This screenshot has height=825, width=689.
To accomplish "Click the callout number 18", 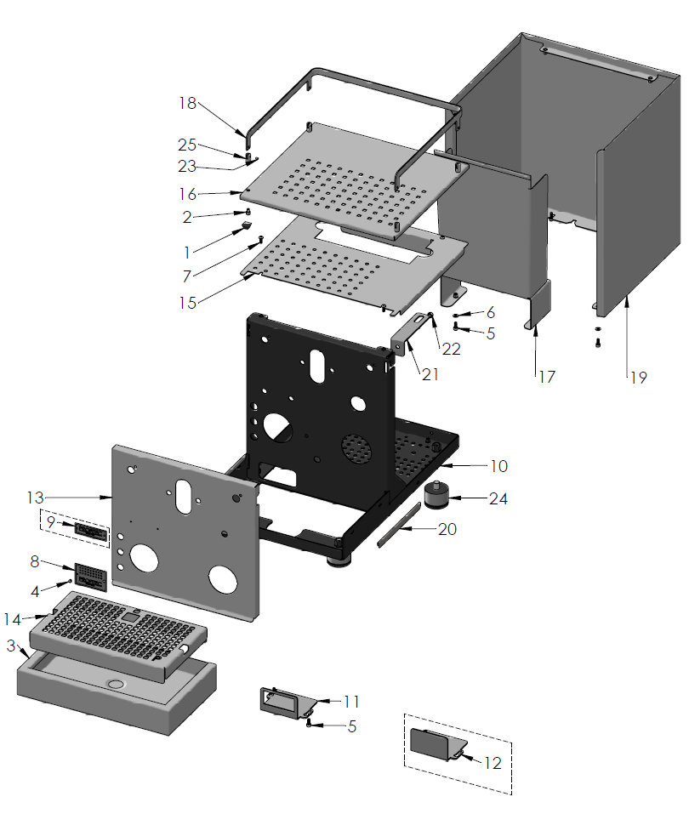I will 187,103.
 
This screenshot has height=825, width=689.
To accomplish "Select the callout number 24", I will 498,498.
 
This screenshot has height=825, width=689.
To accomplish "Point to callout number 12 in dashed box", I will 493,762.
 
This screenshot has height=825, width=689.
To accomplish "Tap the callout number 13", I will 35,496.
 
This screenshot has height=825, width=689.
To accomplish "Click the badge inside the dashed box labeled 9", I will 90,532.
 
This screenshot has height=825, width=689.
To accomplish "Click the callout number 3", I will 10,646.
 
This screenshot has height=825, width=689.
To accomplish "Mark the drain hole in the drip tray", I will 114,684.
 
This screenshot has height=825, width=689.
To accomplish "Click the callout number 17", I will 546,376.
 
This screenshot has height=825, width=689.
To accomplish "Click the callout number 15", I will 187,301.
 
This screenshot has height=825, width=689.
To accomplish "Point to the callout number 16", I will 187,194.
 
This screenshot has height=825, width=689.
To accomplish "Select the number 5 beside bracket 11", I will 351,727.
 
